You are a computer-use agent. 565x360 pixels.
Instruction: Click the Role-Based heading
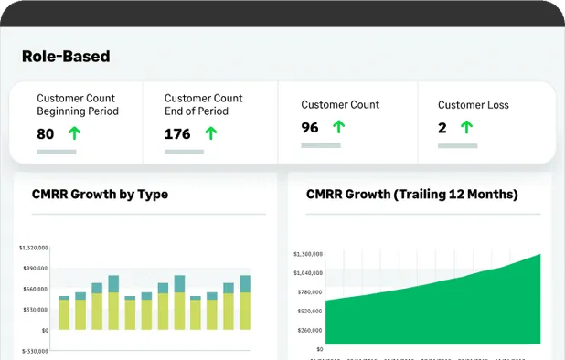(66, 57)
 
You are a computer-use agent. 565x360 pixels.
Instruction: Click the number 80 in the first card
(46, 133)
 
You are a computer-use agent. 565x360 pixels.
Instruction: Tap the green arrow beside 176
(211, 133)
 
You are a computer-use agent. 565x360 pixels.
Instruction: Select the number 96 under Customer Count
(310, 128)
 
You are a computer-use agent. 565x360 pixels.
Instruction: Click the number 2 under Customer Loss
(442, 128)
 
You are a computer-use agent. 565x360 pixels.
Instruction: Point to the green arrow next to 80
(74, 133)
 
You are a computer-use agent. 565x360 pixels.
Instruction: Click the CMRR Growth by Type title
(100, 194)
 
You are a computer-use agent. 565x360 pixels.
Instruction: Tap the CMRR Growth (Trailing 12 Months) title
(412, 194)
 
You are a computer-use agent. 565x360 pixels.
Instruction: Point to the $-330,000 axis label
(33, 351)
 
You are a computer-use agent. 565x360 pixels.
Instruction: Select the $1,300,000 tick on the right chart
(307, 254)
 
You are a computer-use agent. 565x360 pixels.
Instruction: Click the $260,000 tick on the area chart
(309, 330)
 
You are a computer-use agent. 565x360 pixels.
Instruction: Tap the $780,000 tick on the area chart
(309, 292)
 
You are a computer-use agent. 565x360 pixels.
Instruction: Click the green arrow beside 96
(338, 128)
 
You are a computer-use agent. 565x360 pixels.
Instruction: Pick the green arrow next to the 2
(466, 128)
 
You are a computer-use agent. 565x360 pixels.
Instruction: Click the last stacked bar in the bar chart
(245, 302)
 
